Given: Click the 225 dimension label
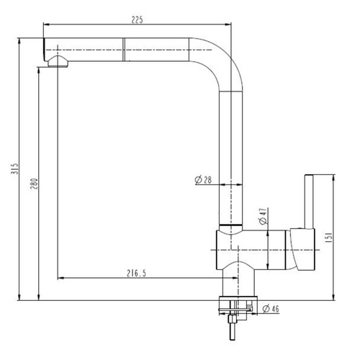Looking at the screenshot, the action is (137, 19).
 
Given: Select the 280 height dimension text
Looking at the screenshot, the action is (34, 184).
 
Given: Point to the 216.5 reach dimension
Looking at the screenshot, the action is (136, 273).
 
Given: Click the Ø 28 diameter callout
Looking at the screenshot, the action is (203, 180).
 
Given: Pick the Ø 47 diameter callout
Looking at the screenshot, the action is (264, 216).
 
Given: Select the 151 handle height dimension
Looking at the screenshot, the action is (328, 238).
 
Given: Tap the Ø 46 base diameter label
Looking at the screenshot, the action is (271, 309).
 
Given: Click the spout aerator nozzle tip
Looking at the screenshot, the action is (58, 62).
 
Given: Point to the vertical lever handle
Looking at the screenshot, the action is (309, 202).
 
